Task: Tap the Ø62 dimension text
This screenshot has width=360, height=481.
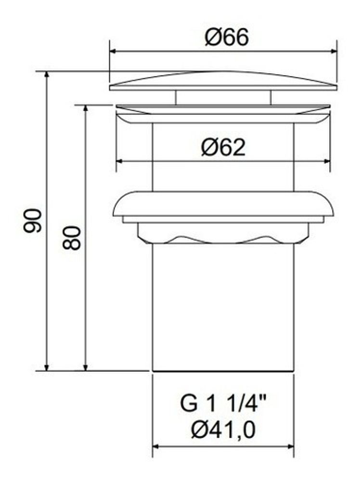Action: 223,148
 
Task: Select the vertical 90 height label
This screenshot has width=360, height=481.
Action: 32,221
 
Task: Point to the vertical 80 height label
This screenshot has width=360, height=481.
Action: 72,238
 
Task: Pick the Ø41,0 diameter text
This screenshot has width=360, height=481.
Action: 223,430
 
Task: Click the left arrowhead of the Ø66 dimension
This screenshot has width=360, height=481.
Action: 114,51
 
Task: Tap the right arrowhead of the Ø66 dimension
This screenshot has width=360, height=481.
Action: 333,51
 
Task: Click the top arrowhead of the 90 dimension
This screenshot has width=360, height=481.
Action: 47,76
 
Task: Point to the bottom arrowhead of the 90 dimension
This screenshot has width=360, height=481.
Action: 47,367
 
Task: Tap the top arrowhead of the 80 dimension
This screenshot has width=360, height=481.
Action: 86,109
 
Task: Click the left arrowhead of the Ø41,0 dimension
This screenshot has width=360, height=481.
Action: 156,446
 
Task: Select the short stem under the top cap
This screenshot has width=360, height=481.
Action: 223,97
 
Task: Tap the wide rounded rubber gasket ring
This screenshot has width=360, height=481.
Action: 223,204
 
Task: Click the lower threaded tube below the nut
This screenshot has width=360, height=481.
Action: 223,308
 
